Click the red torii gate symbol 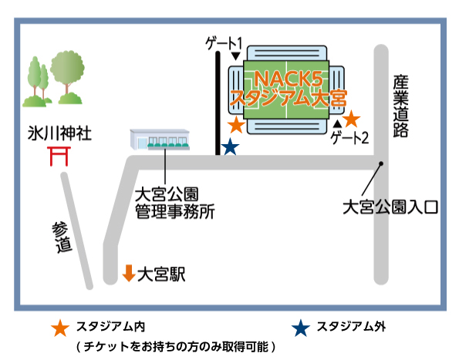click(59, 156)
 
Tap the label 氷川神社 click(59, 133)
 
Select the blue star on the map click(230, 146)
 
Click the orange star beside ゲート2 click(351, 119)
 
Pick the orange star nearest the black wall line click(237, 125)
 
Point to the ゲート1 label click(224, 43)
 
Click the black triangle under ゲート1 click(236, 56)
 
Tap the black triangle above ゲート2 click(338, 123)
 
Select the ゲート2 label click(349, 137)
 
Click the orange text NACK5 click(289, 79)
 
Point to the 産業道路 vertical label click(400, 106)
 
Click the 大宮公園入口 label click(390, 207)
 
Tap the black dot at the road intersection click(381, 163)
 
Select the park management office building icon click(160, 140)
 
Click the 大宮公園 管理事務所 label click(175, 203)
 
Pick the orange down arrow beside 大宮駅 click(129, 273)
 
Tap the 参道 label click(62, 237)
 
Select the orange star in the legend click(60, 328)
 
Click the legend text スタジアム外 click(351, 326)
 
